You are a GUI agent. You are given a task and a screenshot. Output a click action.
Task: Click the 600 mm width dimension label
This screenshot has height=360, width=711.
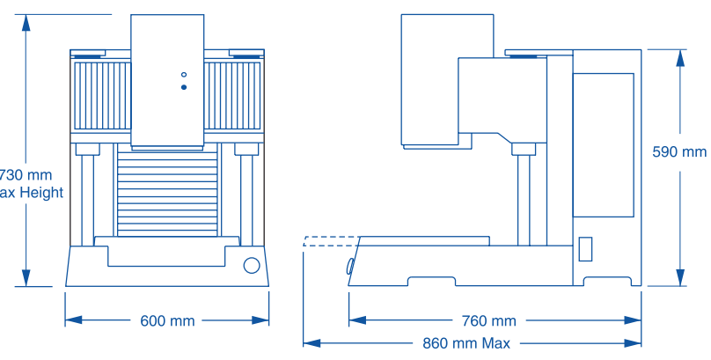[x=167, y=321]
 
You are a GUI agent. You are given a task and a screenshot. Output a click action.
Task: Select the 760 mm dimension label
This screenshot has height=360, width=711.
[x=489, y=321]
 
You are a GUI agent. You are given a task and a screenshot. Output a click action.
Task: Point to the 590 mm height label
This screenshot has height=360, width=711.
[x=678, y=152]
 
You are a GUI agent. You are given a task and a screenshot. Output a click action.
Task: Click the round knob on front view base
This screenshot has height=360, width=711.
[x=252, y=266]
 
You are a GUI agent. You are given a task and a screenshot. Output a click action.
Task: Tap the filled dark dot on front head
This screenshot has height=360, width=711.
[x=183, y=87]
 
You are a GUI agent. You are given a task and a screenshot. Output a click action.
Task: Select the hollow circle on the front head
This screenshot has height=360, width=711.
[x=183, y=74]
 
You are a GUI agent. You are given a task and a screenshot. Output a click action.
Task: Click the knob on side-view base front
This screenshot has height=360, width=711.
[x=350, y=265]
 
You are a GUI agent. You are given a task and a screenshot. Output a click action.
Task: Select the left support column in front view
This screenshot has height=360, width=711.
[x=88, y=198]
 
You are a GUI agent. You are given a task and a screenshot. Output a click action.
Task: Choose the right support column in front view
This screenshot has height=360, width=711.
[x=246, y=198]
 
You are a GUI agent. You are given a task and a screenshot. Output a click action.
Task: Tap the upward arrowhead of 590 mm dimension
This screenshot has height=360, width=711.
[x=679, y=57]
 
